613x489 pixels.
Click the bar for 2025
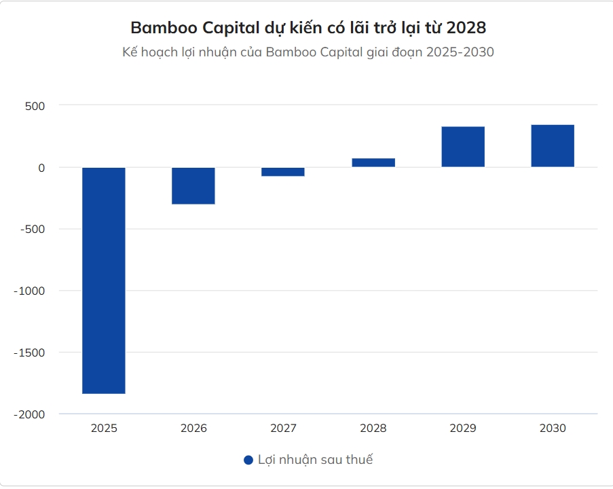tap(104, 280)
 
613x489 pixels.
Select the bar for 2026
tap(193, 185)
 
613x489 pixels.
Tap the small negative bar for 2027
tap(283, 172)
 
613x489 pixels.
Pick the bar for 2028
tap(373, 162)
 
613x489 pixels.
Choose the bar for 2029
tap(463, 147)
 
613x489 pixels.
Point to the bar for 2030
tap(553, 146)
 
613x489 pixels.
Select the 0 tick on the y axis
tap(41, 168)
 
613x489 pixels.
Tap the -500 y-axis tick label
tap(33, 229)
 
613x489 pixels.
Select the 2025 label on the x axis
tap(104, 429)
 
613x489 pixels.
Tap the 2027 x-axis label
tap(283, 429)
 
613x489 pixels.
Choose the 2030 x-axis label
tap(553, 429)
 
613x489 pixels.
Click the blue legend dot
tap(248, 460)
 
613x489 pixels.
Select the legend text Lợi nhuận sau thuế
tap(316, 460)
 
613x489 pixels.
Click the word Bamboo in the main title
tap(157, 28)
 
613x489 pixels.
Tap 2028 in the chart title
tap(466, 28)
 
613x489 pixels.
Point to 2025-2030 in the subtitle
tap(460, 52)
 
